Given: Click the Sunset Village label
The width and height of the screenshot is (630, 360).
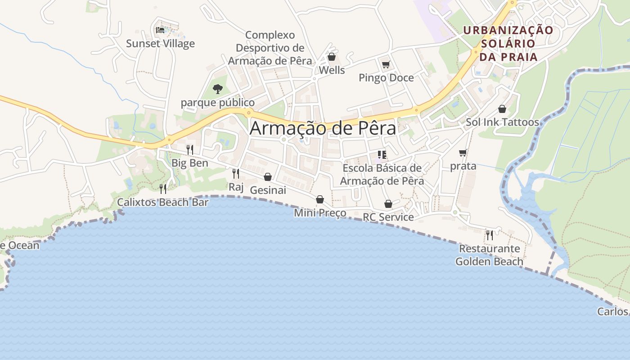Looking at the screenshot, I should pyautogui.click(x=160, y=44).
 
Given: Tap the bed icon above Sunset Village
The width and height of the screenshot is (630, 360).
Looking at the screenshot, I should pyautogui.click(x=160, y=30).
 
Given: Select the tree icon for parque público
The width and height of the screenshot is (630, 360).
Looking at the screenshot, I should pyautogui.click(x=218, y=89).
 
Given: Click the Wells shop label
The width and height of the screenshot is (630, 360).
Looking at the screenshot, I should pyautogui.click(x=332, y=70).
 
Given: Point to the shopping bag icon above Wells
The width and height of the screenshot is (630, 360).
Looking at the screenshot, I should pyautogui.click(x=332, y=57).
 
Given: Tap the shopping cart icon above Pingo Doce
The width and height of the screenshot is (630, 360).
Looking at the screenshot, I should pyautogui.click(x=386, y=65).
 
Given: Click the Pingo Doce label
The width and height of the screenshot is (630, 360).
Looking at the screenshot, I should pyautogui.click(x=386, y=78).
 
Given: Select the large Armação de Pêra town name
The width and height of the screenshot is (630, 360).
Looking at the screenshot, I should pyautogui.click(x=323, y=128).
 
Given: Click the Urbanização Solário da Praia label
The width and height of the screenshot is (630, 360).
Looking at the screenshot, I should pyautogui.click(x=508, y=44).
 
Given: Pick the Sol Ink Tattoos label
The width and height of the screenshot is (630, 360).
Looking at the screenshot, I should pyautogui.click(x=502, y=122).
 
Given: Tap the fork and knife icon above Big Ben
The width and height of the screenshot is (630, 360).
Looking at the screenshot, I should pyautogui.click(x=190, y=149).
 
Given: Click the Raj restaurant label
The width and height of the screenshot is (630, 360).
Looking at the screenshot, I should pyautogui.click(x=236, y=187).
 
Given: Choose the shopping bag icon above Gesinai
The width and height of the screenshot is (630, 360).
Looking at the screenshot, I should pyautogui.click(x=268, y=177).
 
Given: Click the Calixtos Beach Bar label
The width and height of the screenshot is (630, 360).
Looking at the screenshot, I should pyautogui.click(x=163, y=202).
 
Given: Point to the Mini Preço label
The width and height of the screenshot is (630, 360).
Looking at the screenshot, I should pyautogui.click(x=320, y=213).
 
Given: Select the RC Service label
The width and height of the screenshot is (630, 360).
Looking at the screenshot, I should pyautogui.click(x=388, y=217).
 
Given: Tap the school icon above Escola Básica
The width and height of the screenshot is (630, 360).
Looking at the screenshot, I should pyautogui.click(x=382, y=155).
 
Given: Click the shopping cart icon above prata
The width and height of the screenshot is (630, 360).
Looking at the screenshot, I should pyautogui.click(x=463, y=153).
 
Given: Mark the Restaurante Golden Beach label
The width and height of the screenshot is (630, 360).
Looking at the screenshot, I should pyautogui.click(x=489, y=255).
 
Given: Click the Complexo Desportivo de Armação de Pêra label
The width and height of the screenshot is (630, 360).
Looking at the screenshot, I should pyautogui.click(x=270, y=48).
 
